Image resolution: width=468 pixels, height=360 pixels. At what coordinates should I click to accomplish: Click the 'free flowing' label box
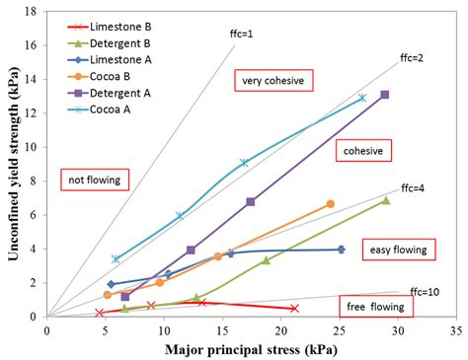click(376, 306)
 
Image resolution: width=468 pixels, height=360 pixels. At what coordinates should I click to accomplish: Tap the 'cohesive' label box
click(363, 150)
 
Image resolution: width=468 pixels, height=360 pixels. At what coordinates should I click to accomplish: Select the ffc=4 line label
click(413, 188)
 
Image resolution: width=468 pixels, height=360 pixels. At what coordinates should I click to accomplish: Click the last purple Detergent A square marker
click(384, 95)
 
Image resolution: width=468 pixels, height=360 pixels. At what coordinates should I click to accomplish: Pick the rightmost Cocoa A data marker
click(362, 98)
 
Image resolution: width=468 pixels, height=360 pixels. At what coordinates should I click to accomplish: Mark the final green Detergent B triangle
click(385, 200)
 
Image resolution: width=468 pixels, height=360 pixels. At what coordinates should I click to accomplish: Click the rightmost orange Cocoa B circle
click(330, 203)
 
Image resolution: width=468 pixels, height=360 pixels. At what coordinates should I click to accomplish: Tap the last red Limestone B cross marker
click(294, 308)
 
